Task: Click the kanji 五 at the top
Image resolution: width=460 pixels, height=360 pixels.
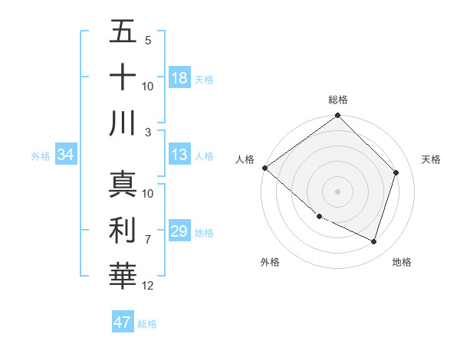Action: click(123, 33)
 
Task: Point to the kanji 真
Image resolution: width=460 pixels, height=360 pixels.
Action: click(123, 185)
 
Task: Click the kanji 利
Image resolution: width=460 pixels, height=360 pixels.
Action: click(123, 230)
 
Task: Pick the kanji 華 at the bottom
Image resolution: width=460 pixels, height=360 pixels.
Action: click(123, 275)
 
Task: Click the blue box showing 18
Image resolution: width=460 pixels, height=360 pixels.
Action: click(179, 78)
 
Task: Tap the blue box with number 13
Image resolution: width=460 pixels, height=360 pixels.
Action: click(179, 155)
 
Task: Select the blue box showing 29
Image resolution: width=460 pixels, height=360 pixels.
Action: click(179, 231)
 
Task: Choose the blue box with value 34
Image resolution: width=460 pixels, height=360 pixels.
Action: click(65, 155)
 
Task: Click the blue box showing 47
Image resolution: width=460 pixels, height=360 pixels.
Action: click(123, 322)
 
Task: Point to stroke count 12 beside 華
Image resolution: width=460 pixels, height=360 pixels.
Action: click(148, 286)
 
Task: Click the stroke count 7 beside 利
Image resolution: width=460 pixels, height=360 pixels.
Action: click(148, 240)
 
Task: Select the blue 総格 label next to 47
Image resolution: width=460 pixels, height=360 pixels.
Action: click(147, 324)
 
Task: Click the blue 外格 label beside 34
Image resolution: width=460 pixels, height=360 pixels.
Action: click(41, 156)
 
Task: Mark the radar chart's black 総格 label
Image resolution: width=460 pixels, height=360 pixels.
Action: click(337, 100)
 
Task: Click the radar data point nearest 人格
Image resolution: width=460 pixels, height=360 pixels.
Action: click(264, 168)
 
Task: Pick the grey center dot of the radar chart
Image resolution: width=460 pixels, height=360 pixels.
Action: click(337, 191)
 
